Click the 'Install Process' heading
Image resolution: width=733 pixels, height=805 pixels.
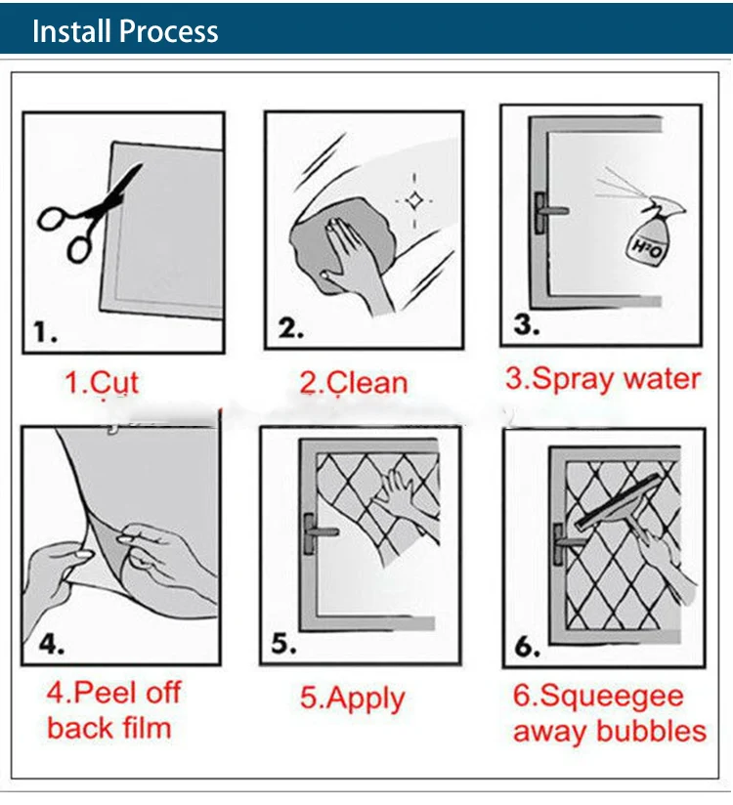125,31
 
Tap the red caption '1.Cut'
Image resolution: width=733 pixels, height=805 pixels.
103,383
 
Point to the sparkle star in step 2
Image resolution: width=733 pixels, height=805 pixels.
414,200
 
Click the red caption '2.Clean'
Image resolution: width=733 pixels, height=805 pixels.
354,383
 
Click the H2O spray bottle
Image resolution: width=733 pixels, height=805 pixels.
655,234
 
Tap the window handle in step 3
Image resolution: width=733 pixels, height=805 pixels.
549,213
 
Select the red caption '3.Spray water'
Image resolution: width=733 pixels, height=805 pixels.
603,379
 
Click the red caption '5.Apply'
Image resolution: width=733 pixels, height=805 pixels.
353,699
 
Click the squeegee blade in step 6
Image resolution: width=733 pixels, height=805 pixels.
618,501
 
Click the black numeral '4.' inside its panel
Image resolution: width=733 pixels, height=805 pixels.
52,644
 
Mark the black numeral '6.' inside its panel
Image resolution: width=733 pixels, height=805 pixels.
528,647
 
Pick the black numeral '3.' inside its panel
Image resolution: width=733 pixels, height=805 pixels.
527,324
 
